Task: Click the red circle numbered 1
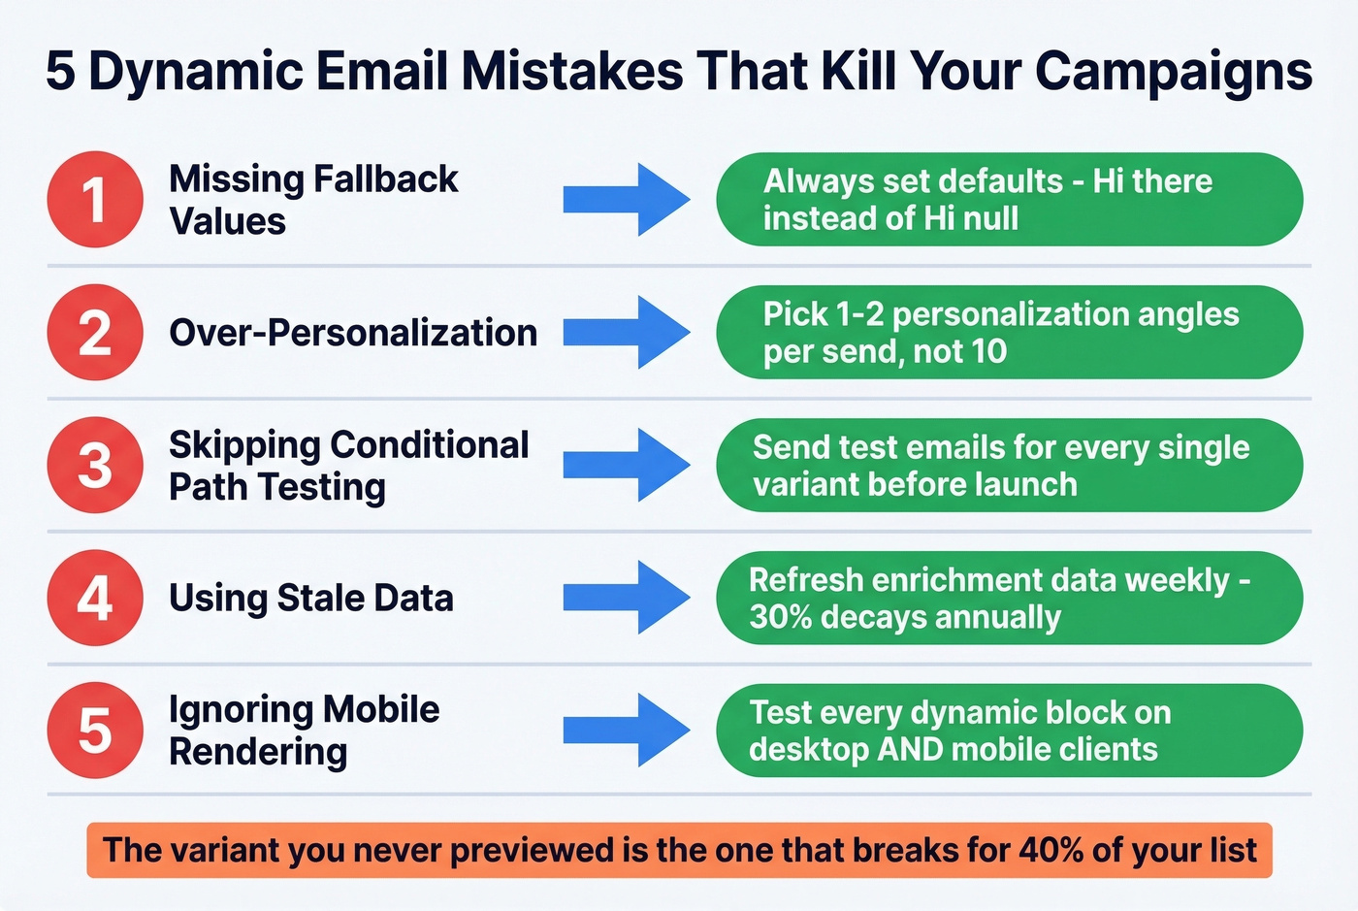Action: pos(95,199)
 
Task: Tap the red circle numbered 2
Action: pos(95,332)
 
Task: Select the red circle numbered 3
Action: pos(95,465)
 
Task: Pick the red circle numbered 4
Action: pos(95,598)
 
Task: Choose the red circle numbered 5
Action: pos(95,730)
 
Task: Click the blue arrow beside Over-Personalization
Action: pos(626,333)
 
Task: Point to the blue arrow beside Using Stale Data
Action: pos(626,598)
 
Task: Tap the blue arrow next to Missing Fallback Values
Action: pos(626,200)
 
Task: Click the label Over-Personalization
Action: pos(353,333)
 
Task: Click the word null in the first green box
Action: pos(990,218)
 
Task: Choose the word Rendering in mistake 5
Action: pos(258,752)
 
